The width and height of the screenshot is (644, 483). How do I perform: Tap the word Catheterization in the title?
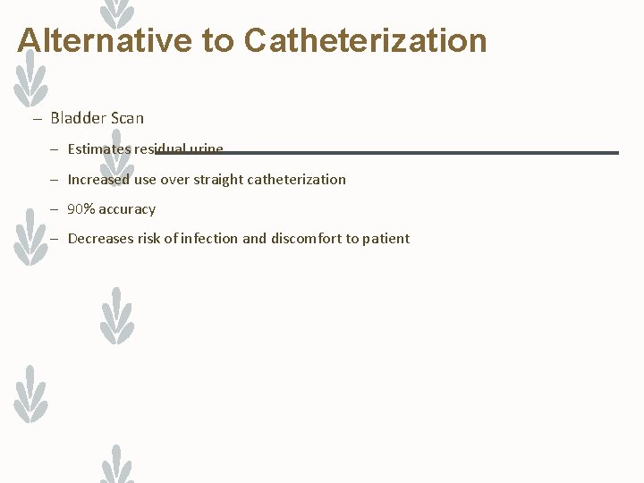coord(365,40)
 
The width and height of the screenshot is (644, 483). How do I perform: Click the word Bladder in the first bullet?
coord(76,118)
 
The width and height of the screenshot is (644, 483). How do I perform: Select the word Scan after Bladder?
coord(125,118)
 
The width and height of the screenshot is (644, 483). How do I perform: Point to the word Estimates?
coord(98,149)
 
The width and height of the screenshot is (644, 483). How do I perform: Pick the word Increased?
coord(98,179)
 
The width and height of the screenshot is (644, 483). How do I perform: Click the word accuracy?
coord(127,209)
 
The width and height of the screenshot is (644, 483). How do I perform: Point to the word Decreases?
coord(100,239)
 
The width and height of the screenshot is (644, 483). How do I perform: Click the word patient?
coord(386,239)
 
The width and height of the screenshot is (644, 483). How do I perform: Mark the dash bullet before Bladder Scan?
coord(38,119)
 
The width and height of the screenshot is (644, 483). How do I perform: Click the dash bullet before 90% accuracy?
coord(55,209)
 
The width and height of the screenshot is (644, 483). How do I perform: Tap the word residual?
coord(159,149)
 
